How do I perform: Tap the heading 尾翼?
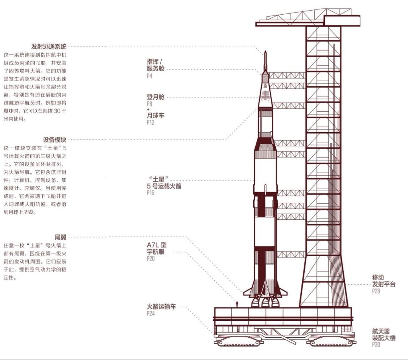(61, 237)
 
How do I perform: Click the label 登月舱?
(155, 97)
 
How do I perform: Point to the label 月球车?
(155, 116)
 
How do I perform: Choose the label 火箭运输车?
(161, 307)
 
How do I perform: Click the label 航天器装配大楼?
(383, 334)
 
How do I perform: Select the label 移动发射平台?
(383, 281)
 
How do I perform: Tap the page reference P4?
(149, 76)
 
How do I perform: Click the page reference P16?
(150, 193)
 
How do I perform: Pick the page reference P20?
(150, 259)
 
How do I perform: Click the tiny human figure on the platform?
(237, 304)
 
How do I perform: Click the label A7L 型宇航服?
(157, 249)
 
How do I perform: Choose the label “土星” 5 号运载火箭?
(164, 182)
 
